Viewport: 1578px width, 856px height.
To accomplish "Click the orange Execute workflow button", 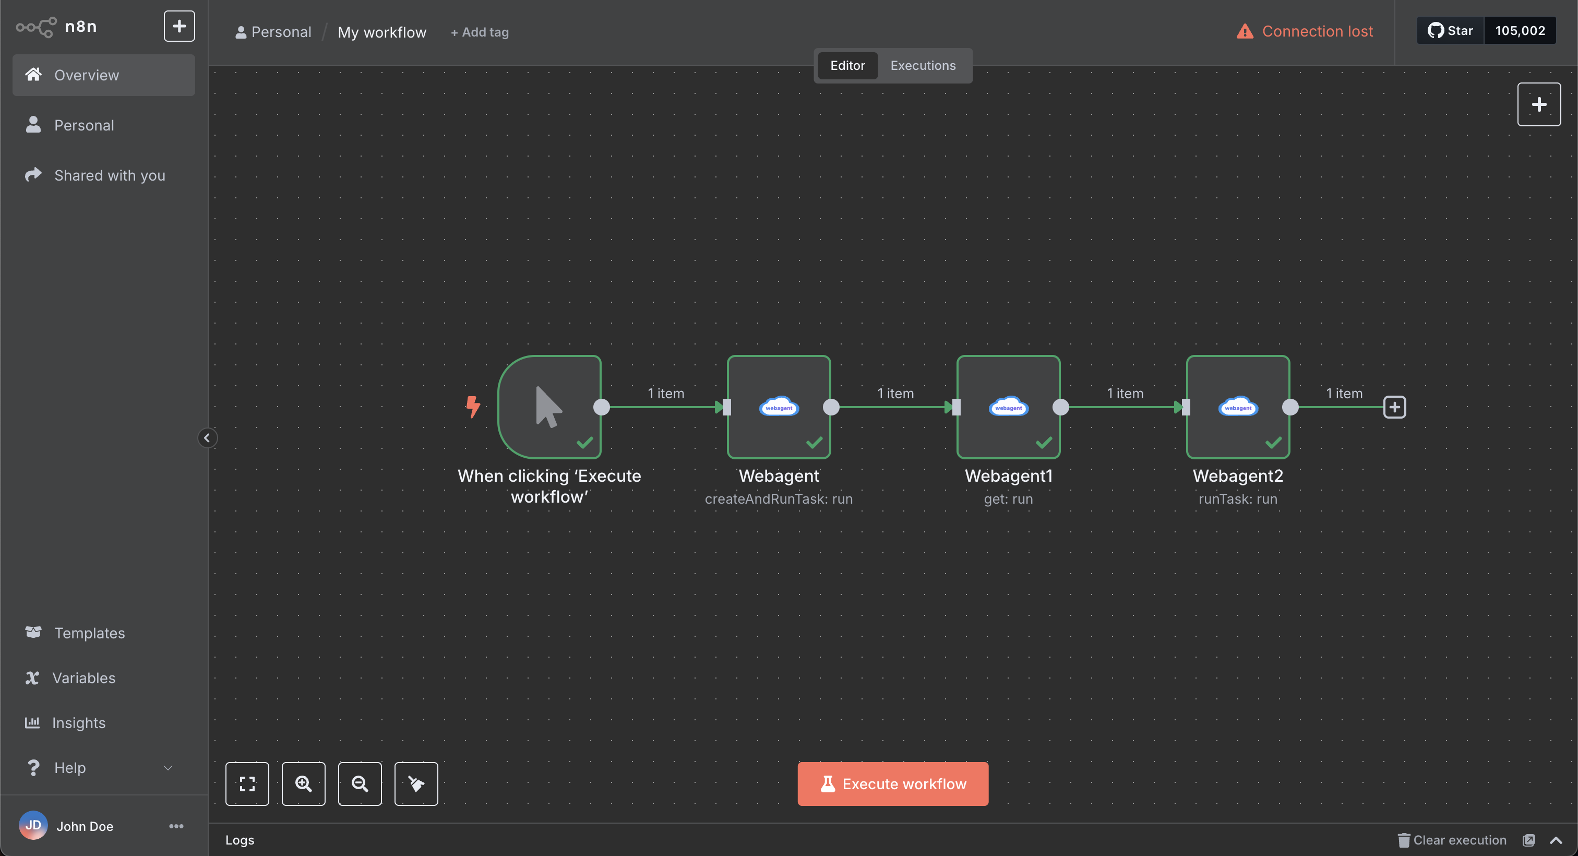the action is click(x=892, y=783).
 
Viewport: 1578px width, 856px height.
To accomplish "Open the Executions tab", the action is click(x=923, y=66).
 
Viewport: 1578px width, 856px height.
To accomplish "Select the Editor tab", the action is click(x=847, y=66).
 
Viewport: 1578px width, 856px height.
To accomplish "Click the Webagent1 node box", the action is click(x=1008, y=407).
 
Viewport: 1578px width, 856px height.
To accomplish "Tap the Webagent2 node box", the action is click(x=1238, y=407).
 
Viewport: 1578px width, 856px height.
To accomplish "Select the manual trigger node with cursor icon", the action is click(x=549, y=407).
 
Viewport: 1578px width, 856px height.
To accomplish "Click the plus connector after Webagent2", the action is click(x=1395, y=407).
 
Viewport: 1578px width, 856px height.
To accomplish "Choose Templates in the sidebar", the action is click(x=89, y=633).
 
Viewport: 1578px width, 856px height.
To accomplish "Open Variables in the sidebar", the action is click(x=84, y=677).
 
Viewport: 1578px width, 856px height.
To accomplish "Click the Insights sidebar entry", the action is click(x=78, y=723).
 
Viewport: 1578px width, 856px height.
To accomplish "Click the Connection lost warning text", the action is click(x=1317, y=31).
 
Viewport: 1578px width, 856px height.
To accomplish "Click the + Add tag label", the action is click(x=480, y=32).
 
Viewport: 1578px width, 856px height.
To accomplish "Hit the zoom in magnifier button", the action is click(x=304, y=783).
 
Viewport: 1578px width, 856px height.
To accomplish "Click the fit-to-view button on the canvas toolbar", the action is click(x=247, y=783).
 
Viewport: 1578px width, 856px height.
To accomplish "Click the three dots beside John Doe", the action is click(x=176, y=826).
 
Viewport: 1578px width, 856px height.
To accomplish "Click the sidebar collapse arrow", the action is click(x=207, y=438).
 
